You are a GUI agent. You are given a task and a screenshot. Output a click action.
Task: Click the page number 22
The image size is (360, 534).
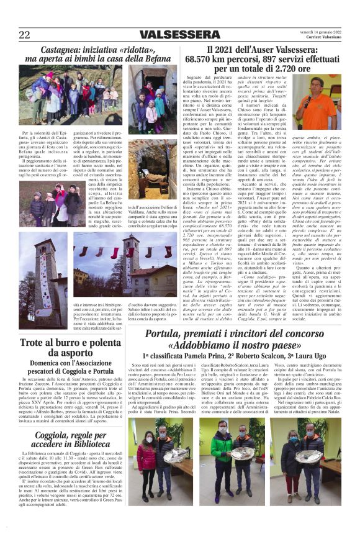tap(24, 35)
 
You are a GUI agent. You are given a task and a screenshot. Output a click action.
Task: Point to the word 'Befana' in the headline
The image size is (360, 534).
tap(148, 59)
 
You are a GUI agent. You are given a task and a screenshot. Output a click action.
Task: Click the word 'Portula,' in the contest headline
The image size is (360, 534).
tap(153, 335)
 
